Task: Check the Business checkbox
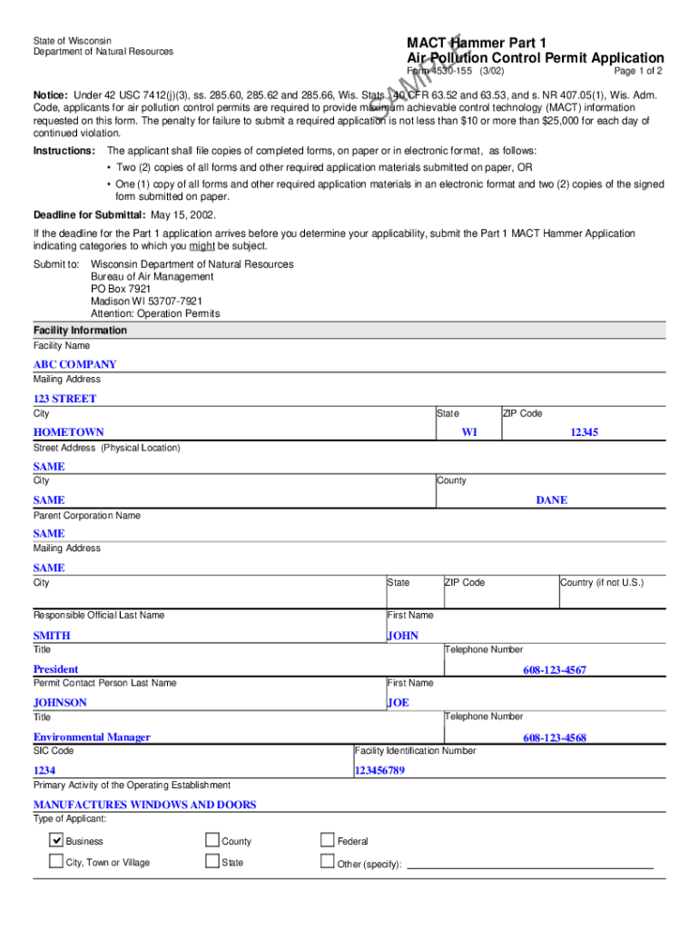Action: point(56,840)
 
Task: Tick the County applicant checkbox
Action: point(212,840)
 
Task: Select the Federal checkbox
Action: point(328,840)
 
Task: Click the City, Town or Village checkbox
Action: point(56,861)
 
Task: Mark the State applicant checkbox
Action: point(212,861)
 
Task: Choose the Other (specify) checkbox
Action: point(328,862)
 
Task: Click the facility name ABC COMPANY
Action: point(74,364)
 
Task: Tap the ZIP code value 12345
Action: point(584,432)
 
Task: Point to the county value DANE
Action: point(551,500)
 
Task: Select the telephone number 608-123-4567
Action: point(554,669)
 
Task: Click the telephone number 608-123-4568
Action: point(554,737)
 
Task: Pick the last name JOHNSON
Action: point(60,702)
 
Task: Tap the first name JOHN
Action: point(402,635)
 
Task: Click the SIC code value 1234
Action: point(44,770)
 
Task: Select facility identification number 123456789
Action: point(379,770)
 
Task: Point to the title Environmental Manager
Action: point(92,737)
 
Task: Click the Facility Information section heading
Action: point(80,331)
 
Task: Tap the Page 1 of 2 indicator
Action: point(637,71)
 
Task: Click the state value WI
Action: point(468,432)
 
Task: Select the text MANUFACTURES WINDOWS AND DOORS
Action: point(144,804)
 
